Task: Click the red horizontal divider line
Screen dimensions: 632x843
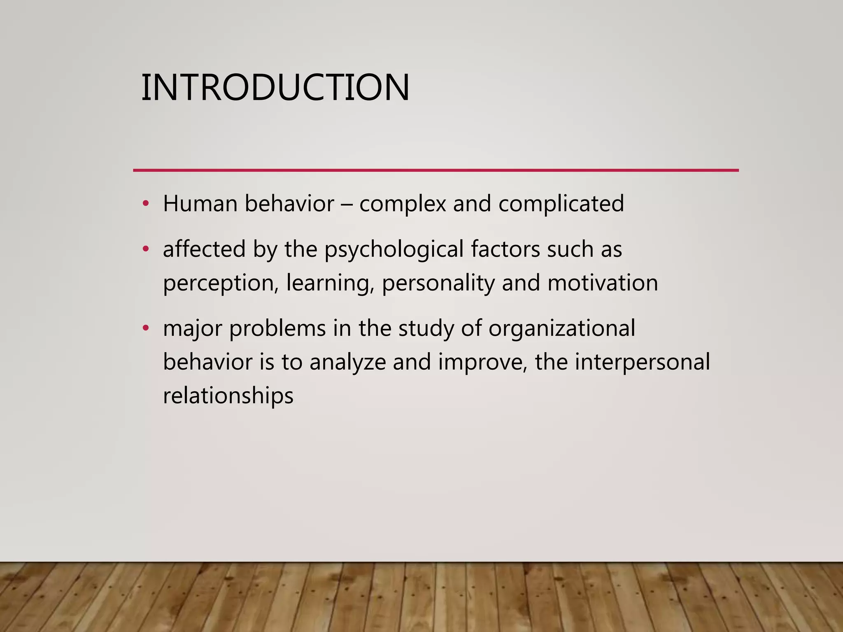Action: tap(435, 170)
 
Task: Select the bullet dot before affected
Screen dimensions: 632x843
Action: tap(145, 249)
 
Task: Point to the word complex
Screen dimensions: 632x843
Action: tap(403, 204)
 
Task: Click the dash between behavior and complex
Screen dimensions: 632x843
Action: tap(347, 204)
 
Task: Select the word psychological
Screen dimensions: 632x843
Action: tap(394, 250)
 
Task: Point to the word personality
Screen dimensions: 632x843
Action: tap(438, 283)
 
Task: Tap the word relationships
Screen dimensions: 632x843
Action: tap(228, 396)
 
